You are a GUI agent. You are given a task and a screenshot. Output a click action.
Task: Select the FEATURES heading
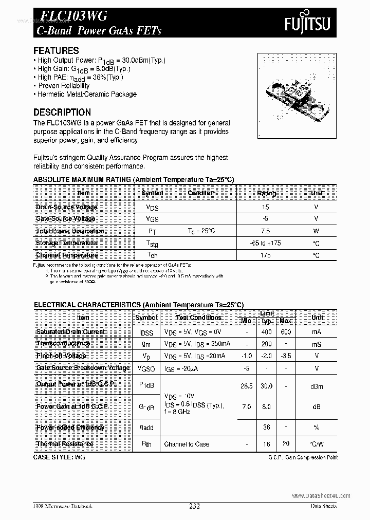coord(56,50)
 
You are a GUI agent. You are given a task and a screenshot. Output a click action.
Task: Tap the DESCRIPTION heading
coord(62,112)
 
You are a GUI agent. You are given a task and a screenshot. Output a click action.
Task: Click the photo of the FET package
coord(295,96)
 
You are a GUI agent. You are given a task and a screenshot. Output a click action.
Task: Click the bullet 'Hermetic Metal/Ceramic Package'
coord(86,94)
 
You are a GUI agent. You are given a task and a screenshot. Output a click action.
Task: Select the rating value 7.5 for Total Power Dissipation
coord(265,231)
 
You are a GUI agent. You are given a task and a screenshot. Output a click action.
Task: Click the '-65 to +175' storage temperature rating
coord(266,243)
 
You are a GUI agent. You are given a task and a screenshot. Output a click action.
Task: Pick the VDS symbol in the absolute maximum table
coord(153,207)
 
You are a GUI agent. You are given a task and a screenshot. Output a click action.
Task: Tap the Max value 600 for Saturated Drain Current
coord(286,332)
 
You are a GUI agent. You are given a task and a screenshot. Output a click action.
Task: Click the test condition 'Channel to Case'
coord(187,444)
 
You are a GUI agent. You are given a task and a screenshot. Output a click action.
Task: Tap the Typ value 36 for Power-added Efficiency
coord(266,427)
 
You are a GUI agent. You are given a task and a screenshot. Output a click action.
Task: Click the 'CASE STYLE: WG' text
coord(59,456)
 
